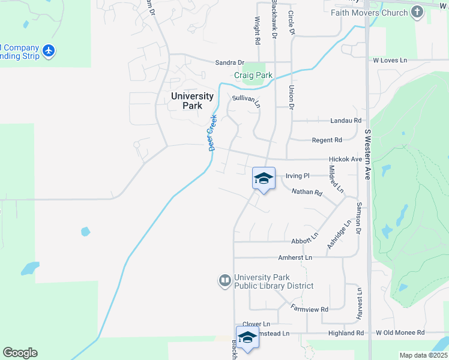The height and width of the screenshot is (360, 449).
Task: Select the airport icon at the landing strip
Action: pos(49,51)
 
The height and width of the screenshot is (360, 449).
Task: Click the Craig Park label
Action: pos(253,76)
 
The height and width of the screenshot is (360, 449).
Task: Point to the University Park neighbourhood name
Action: pos(192,100)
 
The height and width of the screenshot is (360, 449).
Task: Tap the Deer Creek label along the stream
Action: pos(212,132)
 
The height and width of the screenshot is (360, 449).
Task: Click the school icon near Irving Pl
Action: pos(264,178)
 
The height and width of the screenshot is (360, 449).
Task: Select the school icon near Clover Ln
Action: pos(247,337)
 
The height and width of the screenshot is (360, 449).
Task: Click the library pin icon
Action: pos(225,280)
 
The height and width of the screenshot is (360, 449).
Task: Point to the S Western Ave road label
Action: pos(367,154)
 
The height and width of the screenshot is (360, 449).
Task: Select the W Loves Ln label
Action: pos(390,61)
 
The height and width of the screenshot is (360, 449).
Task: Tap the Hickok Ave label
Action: pos(345,160)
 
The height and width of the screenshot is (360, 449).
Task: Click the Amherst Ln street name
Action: pos(295,257)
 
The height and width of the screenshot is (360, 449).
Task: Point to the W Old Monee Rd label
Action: pos(400,332)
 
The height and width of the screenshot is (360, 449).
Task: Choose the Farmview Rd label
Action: pos(310,309)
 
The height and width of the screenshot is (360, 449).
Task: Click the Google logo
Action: pos(20,353)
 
